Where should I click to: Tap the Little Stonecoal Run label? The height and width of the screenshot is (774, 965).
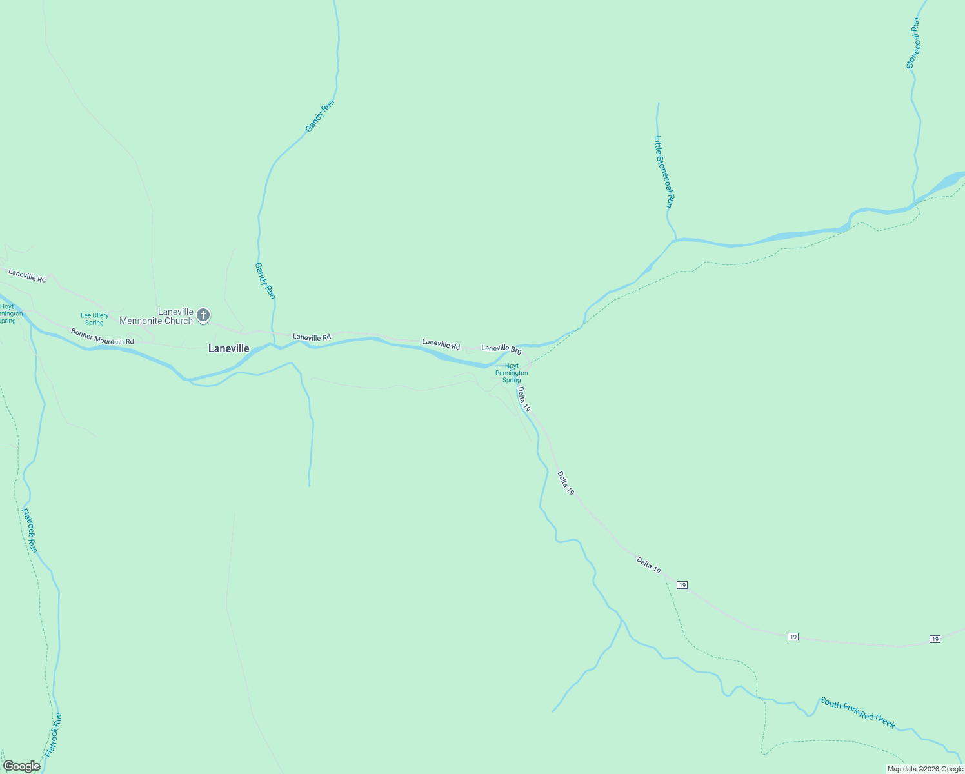pos(664,171)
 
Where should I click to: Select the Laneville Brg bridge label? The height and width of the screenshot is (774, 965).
pos(501,349)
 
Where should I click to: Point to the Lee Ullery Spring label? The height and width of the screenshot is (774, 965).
pos(94,319)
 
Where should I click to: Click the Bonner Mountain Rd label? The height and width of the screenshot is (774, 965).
pos(102,336)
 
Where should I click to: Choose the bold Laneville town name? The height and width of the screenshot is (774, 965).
pos(228,348)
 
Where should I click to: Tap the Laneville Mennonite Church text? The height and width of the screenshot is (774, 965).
pos(157,316)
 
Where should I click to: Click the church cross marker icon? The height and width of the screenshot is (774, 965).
pos(203,315)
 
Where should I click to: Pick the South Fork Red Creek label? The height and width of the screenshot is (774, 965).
pos(857,712)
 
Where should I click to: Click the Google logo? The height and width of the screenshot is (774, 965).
pos(21,766)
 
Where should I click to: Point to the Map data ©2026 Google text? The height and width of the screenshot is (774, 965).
pos(925,768)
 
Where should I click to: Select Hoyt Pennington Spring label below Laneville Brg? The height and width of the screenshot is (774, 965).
pos(512,373)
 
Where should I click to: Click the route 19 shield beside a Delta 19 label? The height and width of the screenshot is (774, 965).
pos(682,585)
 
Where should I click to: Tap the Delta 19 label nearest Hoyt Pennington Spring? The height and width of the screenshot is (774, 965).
pos(524,399)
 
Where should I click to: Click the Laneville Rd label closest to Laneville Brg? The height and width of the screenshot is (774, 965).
pos(441,344)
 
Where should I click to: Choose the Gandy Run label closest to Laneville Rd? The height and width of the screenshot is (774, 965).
pos(265,281)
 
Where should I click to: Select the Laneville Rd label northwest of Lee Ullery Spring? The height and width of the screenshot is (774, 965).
pos(27,275)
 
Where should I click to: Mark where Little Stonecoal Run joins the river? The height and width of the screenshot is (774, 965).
pos(673,241)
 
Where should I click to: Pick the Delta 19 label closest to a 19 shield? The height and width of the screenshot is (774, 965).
pos(649,565)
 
